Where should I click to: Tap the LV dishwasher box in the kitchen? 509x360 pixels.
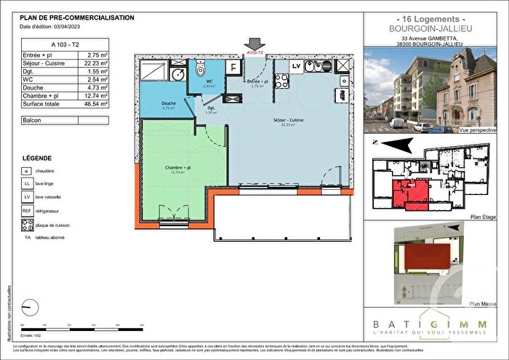coord(297,66)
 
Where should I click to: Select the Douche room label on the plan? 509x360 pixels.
coord(167,104)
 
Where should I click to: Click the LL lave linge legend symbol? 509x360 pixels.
coord(28,186)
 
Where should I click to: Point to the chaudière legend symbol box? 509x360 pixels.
coord(28,171)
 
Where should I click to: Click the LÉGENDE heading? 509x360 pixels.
coord(36,157)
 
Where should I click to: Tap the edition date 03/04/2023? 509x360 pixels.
coord(68,26)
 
